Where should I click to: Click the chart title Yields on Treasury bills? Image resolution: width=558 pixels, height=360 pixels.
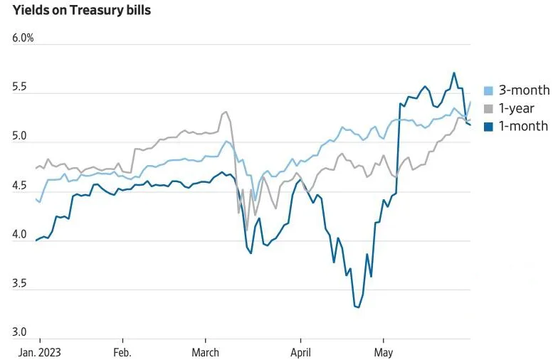click(81, 11)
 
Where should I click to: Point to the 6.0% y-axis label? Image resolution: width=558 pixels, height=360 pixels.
click(23, 38)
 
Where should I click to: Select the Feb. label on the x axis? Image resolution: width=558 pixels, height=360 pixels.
click(122, 351)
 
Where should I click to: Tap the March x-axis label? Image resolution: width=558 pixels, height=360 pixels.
click(206, 351)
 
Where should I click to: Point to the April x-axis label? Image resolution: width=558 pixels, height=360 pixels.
click(300, 351)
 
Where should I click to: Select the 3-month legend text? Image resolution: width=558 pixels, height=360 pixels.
click(524, 90)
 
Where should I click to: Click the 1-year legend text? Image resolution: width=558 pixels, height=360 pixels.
click(516, 109)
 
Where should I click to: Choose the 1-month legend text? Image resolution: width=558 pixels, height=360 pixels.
click(523, 127)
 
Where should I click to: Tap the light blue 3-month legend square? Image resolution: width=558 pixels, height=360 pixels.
click(488, 90)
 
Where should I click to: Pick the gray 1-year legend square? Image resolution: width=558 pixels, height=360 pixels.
click(488, 109)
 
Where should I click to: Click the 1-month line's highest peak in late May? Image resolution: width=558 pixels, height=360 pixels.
click(453, 73)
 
